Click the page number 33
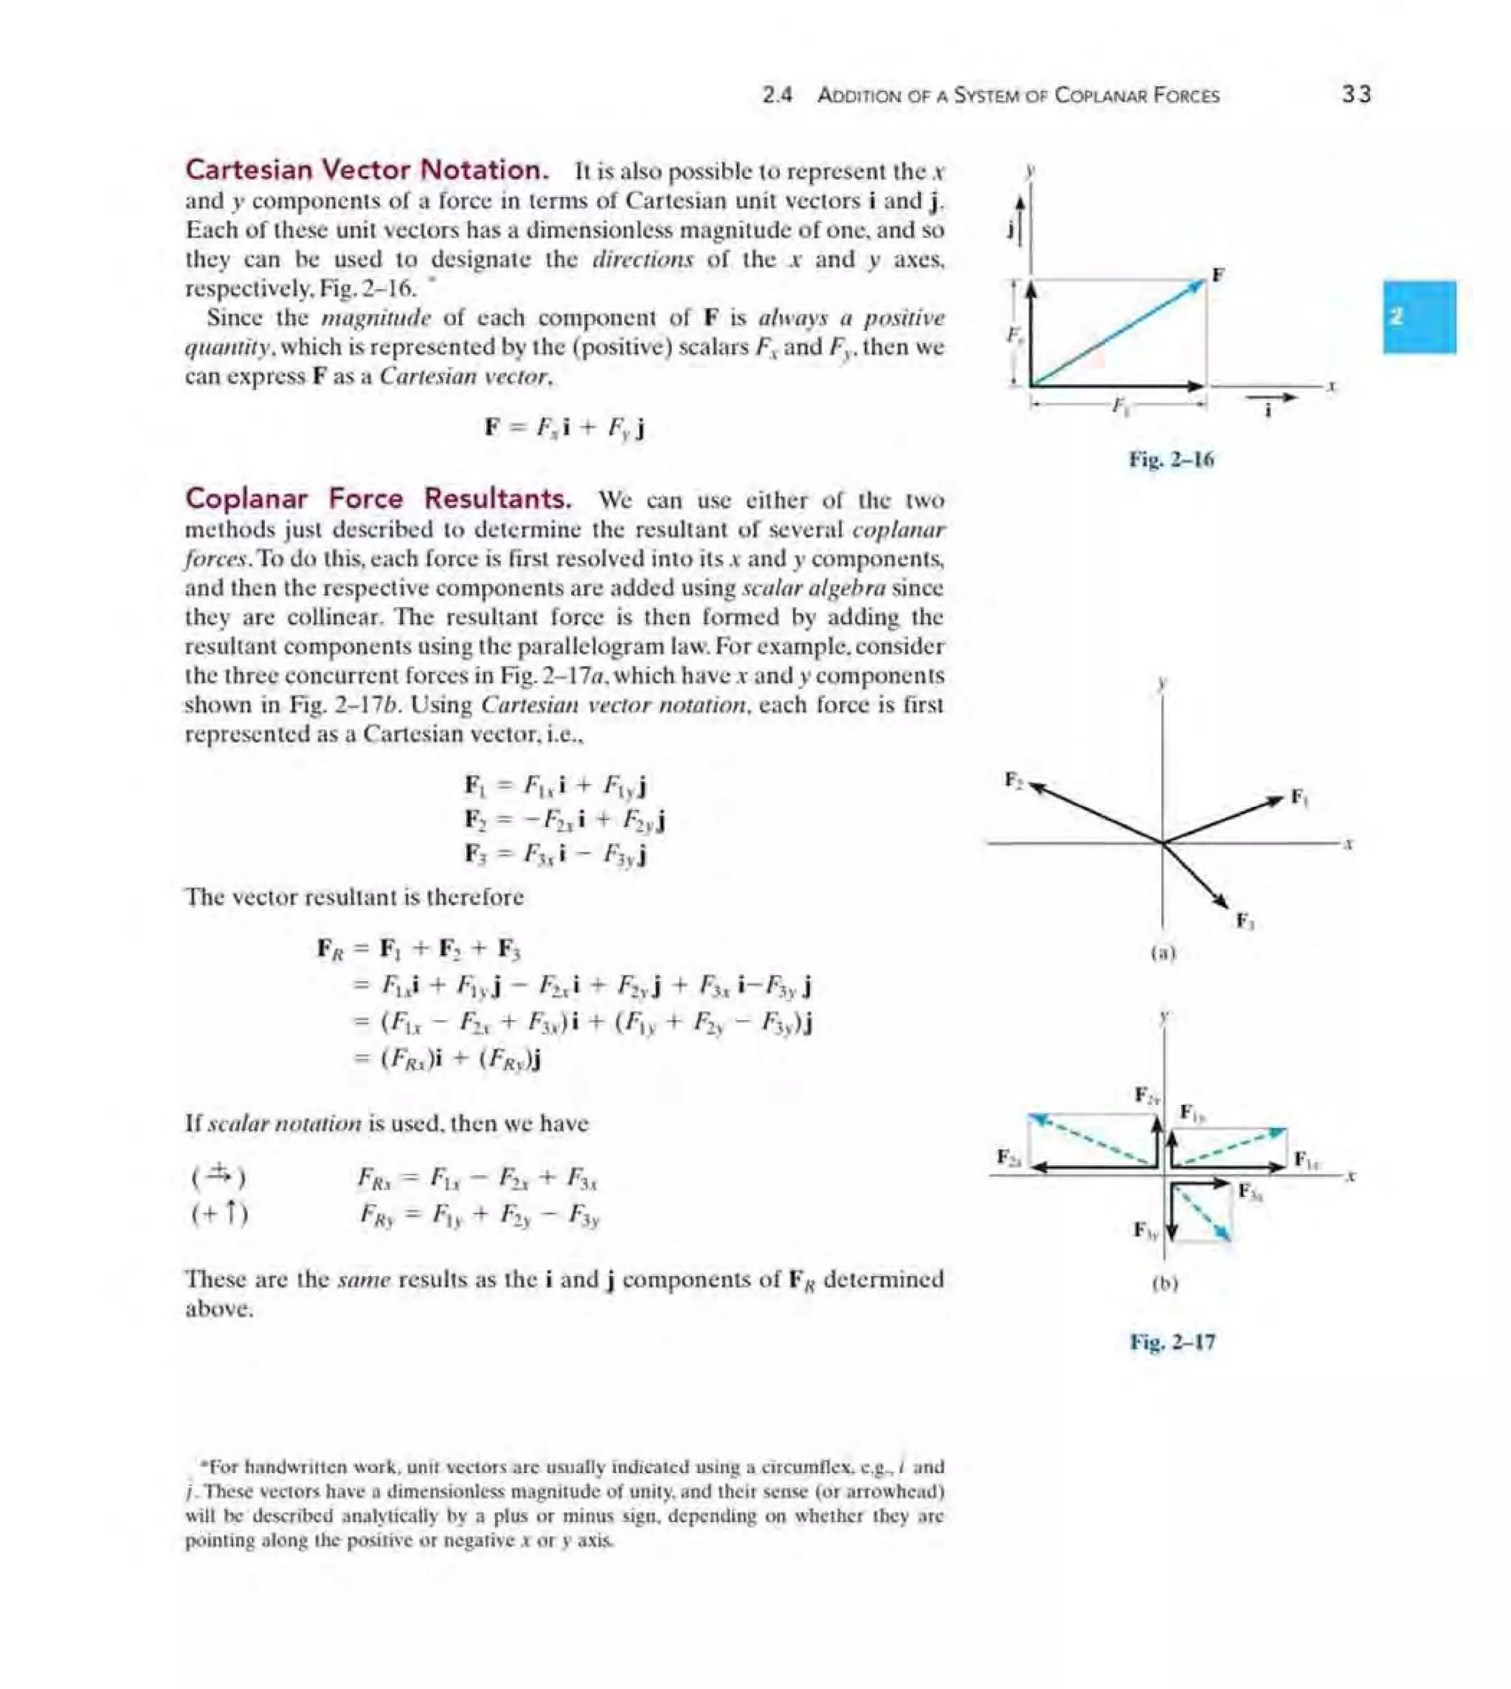tap(1356, 94)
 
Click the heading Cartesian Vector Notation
tap(366, 170)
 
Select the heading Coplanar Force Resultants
tap(378, 499)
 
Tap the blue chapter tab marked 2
tap(1419, 317)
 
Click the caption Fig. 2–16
tap(1171, 459)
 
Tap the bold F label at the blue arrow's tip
tap(1218, 274)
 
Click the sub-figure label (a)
tap(1163, 954)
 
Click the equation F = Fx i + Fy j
tap(564, 429)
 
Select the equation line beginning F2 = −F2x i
tap(564, 820)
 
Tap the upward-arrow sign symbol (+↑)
tap(219, 1215)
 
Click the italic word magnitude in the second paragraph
tap(376, 319)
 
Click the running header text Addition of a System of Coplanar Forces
tap(1018, 95)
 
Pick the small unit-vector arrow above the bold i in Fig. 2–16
tap(1271, 398)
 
